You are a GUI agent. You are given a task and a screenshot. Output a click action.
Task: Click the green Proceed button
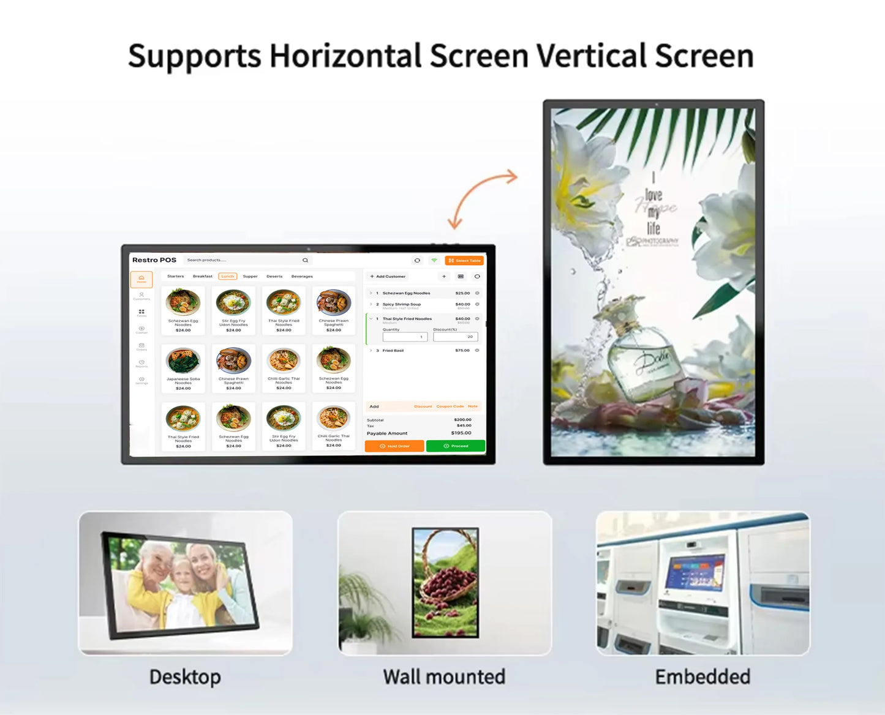[x=456, y=446]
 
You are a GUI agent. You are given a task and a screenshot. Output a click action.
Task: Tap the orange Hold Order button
[x=394, y=446]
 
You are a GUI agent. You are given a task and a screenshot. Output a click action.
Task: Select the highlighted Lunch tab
[x=227, y=276]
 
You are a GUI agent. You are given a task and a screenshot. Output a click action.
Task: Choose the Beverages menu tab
[x=302, y=276]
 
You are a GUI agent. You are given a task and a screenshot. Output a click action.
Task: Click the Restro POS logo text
[x=154, y=260]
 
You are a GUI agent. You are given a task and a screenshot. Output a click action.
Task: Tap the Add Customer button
[x=388, y=276]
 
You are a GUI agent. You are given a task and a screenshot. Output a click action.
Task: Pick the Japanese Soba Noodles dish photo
[x=183, y=361]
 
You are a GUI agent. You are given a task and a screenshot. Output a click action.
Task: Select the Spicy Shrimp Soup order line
[x=402, y=304]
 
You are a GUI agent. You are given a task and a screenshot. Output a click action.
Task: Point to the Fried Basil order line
[x=393, y=351]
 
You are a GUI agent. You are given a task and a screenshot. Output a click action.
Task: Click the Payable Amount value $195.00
[x=461, y=433]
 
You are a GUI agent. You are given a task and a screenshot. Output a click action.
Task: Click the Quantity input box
[x=404, y=337]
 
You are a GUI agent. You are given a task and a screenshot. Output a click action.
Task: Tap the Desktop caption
[x=185, y=677]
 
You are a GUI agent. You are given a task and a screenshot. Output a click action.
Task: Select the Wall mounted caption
[x=444, y=677]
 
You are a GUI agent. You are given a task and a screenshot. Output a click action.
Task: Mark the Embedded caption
[x=702, y=677]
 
